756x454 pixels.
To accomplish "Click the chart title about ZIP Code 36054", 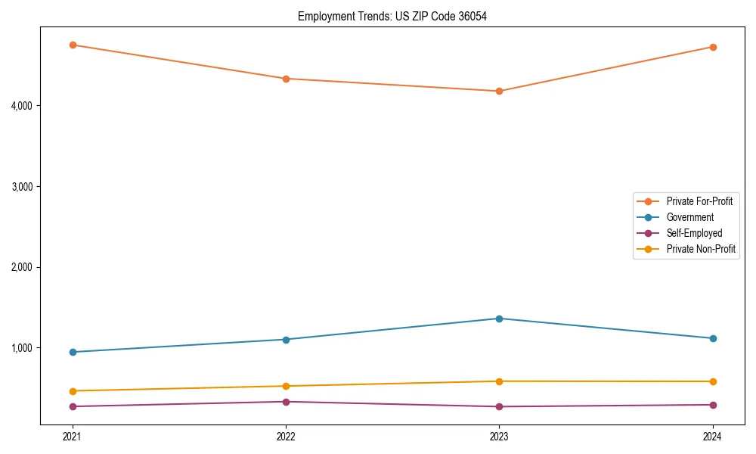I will pyautogui.click(x=392, y=16).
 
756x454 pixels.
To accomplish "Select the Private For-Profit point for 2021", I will pyautogui.click(x=73, y=45).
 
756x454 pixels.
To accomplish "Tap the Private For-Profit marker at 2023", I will pyautogui.click(x=499, y=91).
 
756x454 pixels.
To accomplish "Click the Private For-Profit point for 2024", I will pyautogui.click(x=712, y=47).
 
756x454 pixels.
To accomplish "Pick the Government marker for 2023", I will pyautogui.click(x=499, y=319).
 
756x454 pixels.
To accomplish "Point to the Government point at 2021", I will pyautogui.click(x=73, y=352).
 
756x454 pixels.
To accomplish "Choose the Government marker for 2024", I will pyautogui.click(x=712, y=338).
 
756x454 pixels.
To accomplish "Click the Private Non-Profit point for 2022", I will pyautogui.click(x=286, y=386).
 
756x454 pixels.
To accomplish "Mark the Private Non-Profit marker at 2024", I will pyautogui.click(x=712, y=381).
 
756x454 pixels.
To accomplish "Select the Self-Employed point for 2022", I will pyautogui.click(x=286, y=402).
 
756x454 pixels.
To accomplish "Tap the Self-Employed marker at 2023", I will pyautogui.click(x=499, y=406).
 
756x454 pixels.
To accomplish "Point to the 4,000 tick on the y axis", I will pyautogui.click(x=21, y=106).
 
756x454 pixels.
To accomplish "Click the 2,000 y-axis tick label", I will pyautogui.click(x=21, y=267).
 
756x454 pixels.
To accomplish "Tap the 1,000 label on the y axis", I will pyautogui.click(x=21, y=348).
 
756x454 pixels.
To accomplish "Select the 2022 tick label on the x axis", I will pyautogui.click(x=286, y=436).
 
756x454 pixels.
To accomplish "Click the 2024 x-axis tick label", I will pyautogui.click(x=712, y=436).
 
